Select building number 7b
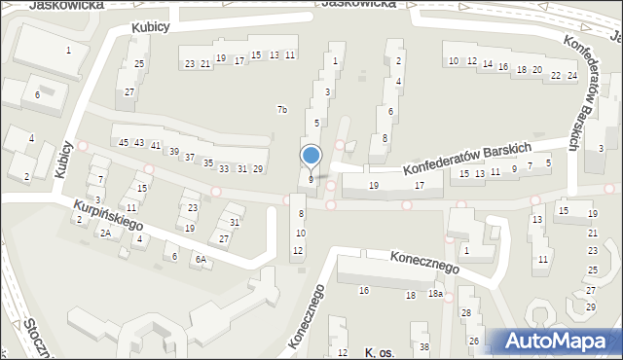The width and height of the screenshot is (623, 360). click(x=281, y=109)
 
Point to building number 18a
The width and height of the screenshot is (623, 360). click(x=436, y=294)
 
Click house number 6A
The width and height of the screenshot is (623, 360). click(x=201, y=259)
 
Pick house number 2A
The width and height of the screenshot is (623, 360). click(x=104, y=234)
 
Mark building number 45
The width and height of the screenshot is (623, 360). click(x=124, y=143)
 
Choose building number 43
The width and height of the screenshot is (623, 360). click(x=139, y=143)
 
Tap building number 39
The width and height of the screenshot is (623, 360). click(x=174, y=152)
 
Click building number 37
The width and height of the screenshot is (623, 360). click(x=191, y=158)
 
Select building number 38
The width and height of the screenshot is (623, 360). click(x=423, y=347)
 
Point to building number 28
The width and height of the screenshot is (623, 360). click(x=466, y=312)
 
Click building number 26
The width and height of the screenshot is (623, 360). click(x=474, y=341)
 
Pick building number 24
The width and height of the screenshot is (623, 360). click(x=572, y=75)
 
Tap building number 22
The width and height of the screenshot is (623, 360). click(x=555, y=75)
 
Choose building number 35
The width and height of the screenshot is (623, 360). click(x=207, y=162)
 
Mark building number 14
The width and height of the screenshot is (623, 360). click(x=487, y=66)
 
